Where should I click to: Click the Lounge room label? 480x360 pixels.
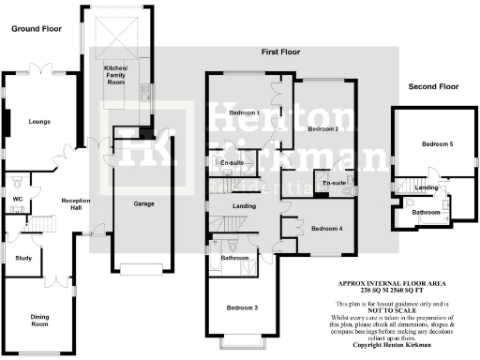click(38, 121)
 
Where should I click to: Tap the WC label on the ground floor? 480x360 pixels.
click(18, 199)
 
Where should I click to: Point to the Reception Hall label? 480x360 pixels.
click(74, 205)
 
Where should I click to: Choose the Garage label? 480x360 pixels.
click(143, 203)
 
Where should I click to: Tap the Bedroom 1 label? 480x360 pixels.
click(244, 113)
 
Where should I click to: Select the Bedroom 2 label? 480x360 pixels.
click(323, 127)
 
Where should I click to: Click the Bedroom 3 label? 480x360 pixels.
click(242, 307)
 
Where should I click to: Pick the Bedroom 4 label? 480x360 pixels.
click(327, 228)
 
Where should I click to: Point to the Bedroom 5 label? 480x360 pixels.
click(436, 144)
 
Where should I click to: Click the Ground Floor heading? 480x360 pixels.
click(35, 29)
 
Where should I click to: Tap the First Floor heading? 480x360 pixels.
click(279, 52)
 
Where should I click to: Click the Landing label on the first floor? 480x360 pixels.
click(245, 206)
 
